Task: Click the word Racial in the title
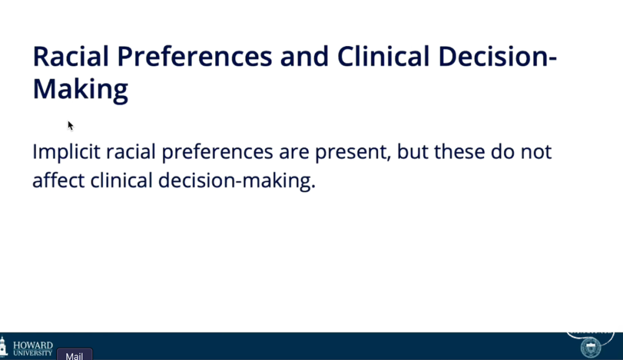tap(71, 57)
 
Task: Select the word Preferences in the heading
tap(195, 57)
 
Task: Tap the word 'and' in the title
tap(305, 57)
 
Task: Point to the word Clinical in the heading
tap(384, 57)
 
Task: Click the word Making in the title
tap(80, 89)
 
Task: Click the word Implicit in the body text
tap(66, 152)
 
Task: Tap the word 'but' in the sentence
tap(412, 152)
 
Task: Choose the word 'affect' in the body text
tap(58, 181)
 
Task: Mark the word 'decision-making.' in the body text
tap(237, 181)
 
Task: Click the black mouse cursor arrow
tap(70, 126)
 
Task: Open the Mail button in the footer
tap(74, 355)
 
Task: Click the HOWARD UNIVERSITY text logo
tap(33, 348)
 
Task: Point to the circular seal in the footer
tap(591, 348)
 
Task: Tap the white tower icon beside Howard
tap(3, 346)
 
